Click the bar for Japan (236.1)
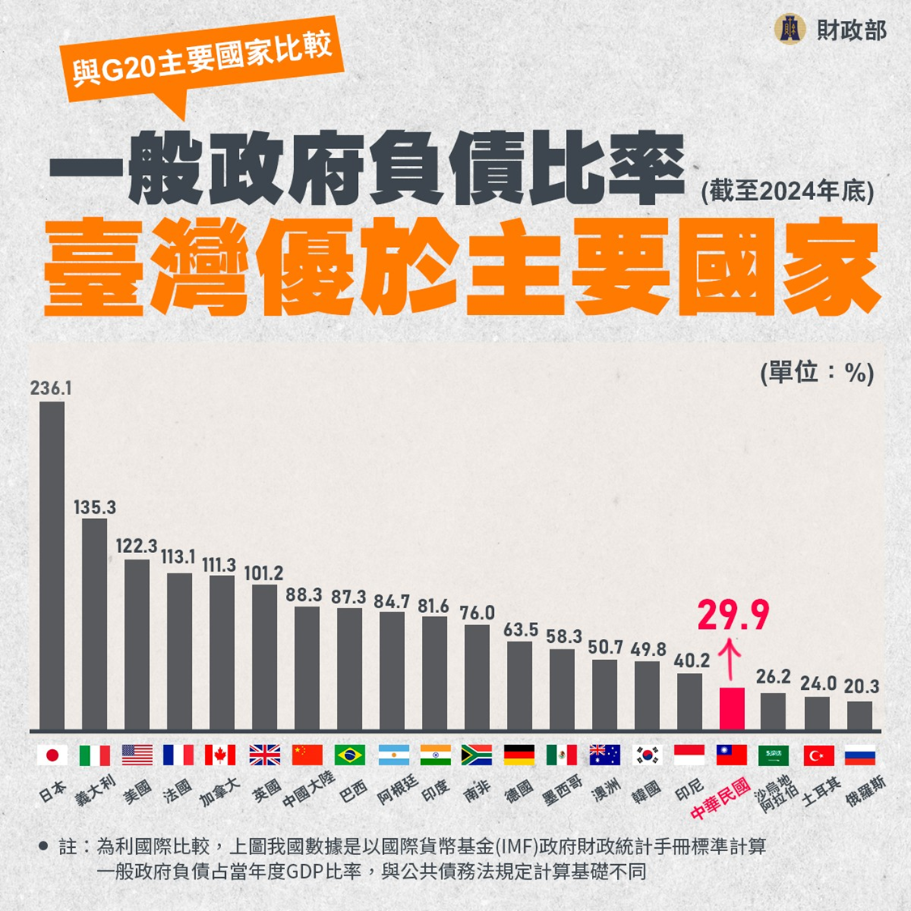[52, 565]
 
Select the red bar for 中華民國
[732, 709]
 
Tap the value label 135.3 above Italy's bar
[95, 508]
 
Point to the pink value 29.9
[733, 616]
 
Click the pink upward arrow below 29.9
[731, 658]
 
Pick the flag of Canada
[220, 756]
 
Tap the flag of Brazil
[350, 756]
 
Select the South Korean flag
[647, 756]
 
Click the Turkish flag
[818, 756]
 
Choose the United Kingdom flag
[264, 756]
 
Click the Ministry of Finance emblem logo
[790, 30]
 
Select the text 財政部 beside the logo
[851, 31]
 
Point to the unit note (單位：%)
[816, 372]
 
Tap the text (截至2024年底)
[787, 191]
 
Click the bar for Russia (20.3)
[860, 716]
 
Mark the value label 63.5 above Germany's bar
[521, 629]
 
